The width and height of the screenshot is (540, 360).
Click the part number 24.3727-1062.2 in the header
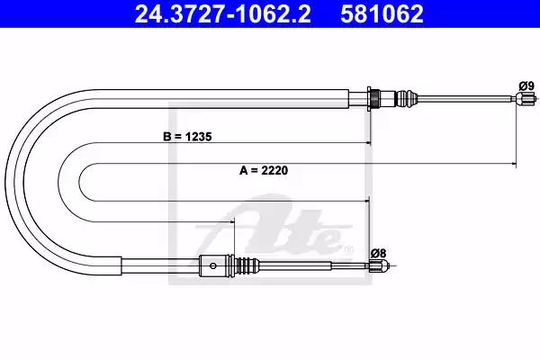tap(222, 14)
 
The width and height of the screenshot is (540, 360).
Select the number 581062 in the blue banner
tap(382, 14)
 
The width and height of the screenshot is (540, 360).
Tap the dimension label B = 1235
tap(187, 137)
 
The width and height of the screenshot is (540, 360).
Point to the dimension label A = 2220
tap(264, 170)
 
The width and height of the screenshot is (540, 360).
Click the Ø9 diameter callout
tap(526, 85)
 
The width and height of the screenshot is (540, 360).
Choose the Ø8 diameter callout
tap(379, 254)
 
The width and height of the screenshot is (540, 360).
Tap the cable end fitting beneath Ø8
tap(379, 265)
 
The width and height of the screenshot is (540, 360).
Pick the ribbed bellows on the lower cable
tap(247, 265)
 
